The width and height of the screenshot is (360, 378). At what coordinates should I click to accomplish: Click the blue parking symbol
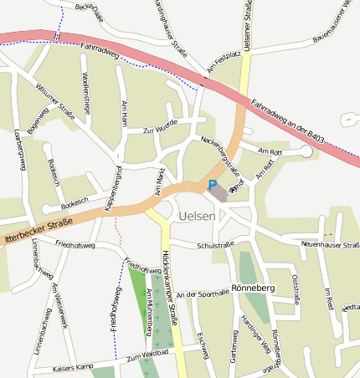pos(213,186)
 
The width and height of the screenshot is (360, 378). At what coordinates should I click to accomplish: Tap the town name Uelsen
pos(197,216)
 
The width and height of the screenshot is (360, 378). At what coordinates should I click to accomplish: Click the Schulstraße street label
pos(215,245)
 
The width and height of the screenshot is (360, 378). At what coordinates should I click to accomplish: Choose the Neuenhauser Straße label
pos(329,244)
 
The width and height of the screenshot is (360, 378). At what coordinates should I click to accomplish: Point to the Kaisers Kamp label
pos(72,368)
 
